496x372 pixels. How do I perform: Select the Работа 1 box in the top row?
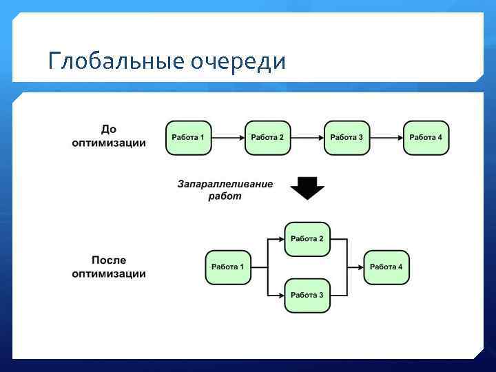tap(188, 138)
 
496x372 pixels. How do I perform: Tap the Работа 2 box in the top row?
tap(267, 138)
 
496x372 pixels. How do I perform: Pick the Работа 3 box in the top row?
tap(347, 138)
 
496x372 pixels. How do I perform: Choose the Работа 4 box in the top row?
tap(426, 138)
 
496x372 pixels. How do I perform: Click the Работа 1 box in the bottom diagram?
tap(228, 267)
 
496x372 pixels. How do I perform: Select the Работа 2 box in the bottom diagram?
tap(307, 239)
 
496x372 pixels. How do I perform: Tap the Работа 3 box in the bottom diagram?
tap(307, 296)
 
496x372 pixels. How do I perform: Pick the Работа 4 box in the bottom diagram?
tap(386, 267)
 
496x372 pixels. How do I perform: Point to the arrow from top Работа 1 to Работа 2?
tap(228, 138)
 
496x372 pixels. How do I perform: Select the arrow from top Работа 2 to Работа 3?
tap(307, 138)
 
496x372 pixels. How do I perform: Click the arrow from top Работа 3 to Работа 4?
tap(386, 138)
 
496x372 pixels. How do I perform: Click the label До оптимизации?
tap(109, 136)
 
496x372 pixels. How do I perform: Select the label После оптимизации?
tap(109, 267)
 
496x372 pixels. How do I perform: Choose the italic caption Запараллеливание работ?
tap(225, 190)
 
